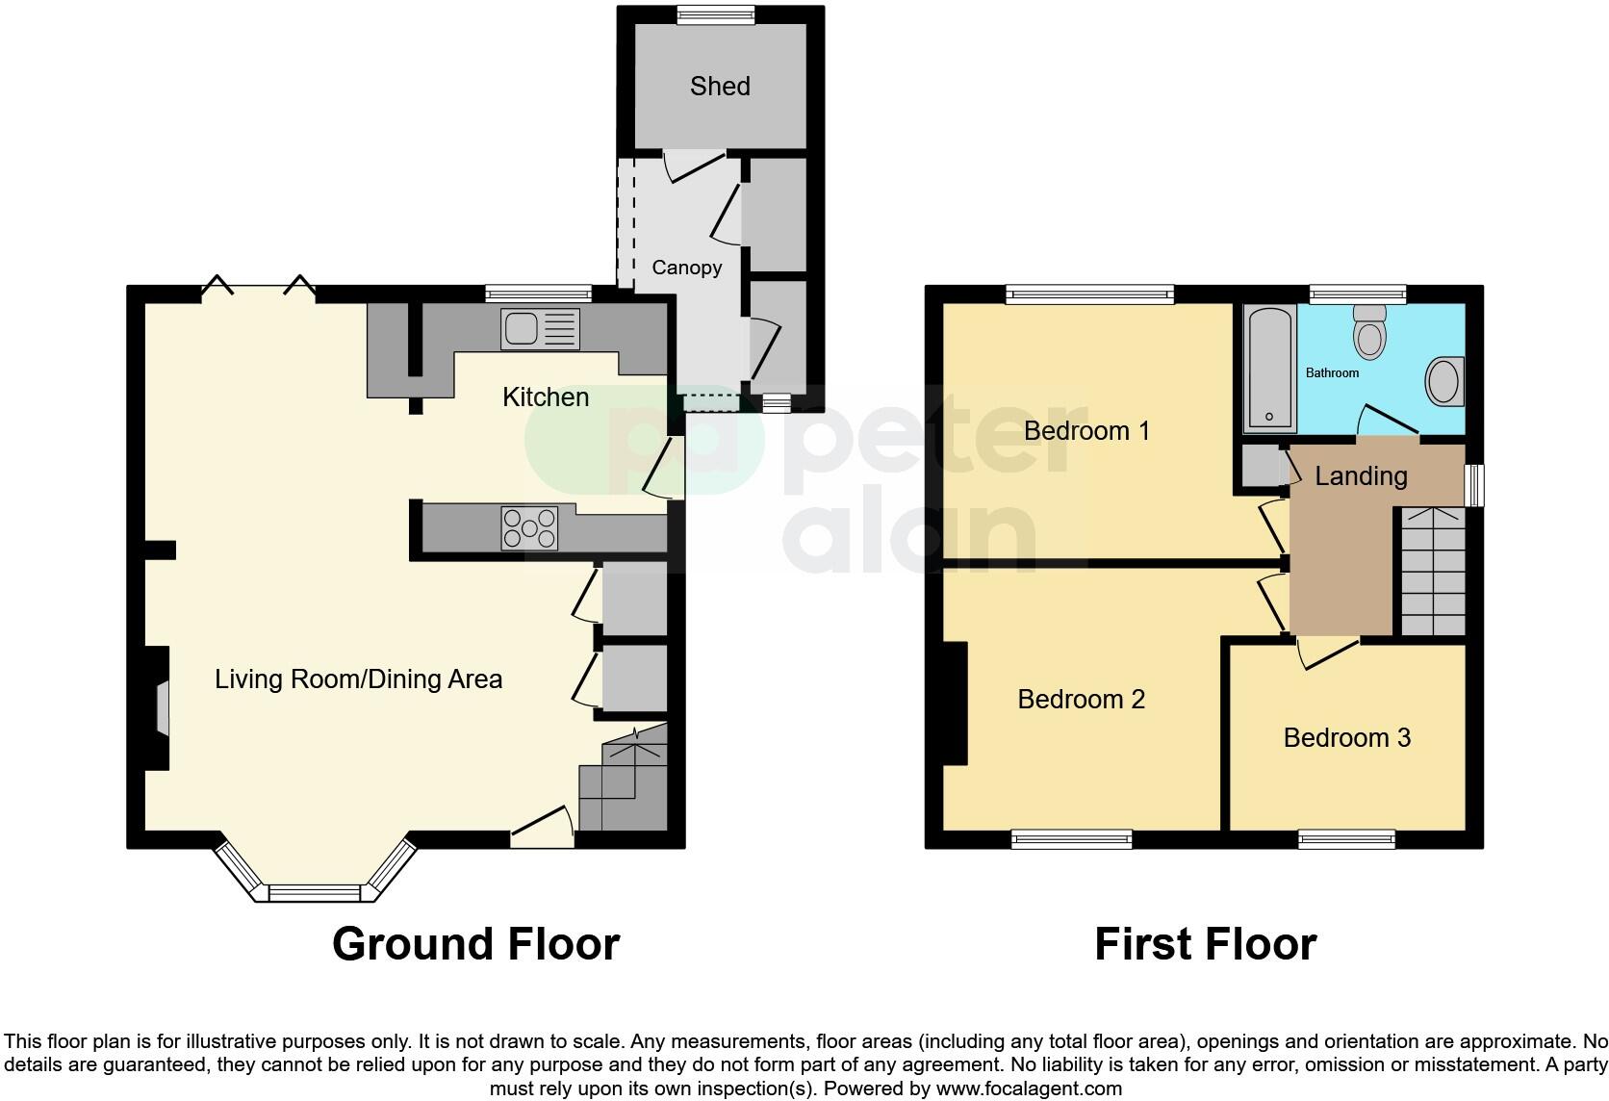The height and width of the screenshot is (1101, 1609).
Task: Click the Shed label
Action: point(720,87)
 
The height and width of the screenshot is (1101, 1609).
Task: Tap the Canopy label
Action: point(686,268)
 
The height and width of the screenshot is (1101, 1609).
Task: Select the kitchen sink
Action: point(539,329)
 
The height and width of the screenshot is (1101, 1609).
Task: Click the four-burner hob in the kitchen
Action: point(528,528)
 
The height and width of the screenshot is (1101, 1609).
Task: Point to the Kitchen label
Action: point(546,397)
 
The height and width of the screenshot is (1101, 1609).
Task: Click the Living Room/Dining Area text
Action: point(358,679)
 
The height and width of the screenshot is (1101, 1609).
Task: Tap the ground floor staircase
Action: point(624,782)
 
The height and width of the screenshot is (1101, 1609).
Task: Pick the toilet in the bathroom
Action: point(1368,331)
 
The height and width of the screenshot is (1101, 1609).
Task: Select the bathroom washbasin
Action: point(1444,382)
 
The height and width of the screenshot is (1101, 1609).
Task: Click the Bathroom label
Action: point(1332,372)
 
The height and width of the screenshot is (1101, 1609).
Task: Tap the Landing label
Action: point(1361,475)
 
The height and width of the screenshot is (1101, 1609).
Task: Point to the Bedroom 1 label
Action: point(1086,430)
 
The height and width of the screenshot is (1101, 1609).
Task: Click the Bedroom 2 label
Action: point(1081,700)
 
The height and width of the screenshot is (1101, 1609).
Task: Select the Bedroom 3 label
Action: point(1346,738)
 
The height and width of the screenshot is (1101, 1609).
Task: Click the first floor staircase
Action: point(1431,572)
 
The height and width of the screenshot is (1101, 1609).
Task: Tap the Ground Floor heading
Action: point(475,944)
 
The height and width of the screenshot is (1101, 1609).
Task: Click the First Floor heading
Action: point(1205,944)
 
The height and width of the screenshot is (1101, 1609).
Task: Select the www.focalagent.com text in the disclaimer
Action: point(1028,1089)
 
